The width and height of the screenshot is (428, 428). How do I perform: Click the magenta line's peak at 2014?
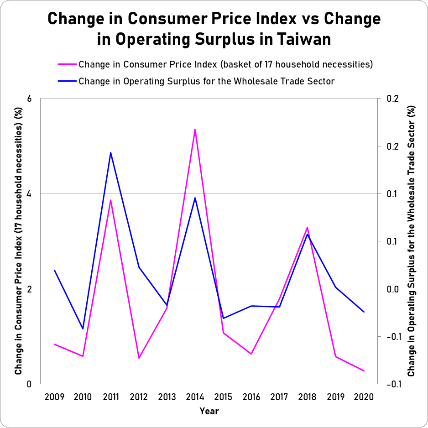pyautogui.click(x=195, y=130)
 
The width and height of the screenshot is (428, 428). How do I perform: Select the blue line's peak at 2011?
pyautogui.click(x=110, y=152)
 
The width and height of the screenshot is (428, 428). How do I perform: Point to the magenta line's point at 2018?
pyautogui.click(x=308, y=227)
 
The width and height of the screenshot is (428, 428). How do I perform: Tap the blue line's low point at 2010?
pyautogui.click(x=83, y=329)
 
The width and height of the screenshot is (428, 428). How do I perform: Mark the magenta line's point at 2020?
pyautogui.click(x=364, y=371)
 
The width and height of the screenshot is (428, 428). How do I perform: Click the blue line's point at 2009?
pyautogui.click(x=54, y=270)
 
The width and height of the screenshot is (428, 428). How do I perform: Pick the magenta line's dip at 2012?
pyautogui.click(x=139, y=358)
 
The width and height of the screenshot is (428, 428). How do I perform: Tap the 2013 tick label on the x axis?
pyautogui.click(x=167, y=397)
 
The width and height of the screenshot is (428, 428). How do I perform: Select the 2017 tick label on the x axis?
pyautogui.click(x=279, y=397)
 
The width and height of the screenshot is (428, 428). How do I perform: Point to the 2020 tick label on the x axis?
pyautogui.click(x=364, y=397)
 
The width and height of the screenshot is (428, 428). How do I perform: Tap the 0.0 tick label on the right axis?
pyautogui.click(x=392, y=289)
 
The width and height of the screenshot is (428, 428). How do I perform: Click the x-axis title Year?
pyautogui.click(x=209, y=412)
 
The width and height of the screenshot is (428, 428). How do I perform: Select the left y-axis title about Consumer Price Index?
pyautogui.click(x=19, y=241)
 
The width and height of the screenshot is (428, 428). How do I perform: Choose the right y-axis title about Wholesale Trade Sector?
pyautogui.click(x=411, y=241)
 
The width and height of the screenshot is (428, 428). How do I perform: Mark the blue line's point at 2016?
pyautogui.click(x=251, y=306)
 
